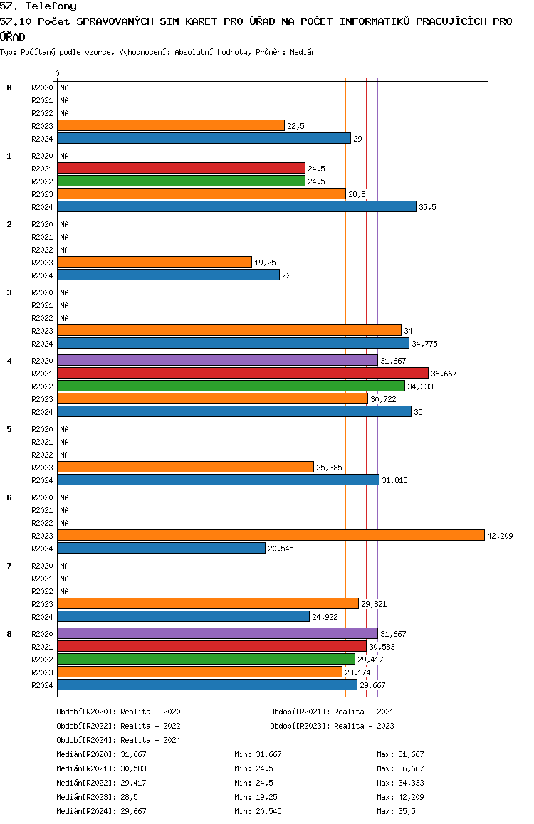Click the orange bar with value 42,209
[271, 536]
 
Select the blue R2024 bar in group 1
[237, 207]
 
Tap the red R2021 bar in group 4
[243, 374]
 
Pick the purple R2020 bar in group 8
[218, 634]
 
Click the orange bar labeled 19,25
[155, 263]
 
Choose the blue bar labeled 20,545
[162, 549]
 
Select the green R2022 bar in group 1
[182, 181]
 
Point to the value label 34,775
[424, 344]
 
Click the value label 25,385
[329, 468]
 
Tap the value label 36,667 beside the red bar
[444, 374]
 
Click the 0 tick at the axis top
[57, 73]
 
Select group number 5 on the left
[9, 429]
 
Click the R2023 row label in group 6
[42, 536]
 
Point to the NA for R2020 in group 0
[64, 88]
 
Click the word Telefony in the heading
[51, 6]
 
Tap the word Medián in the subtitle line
[303, 52]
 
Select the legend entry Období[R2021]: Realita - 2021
[332, 712]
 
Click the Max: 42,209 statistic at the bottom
[400, 797]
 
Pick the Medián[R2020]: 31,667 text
[101, 754]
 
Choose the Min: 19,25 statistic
[256, 797]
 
